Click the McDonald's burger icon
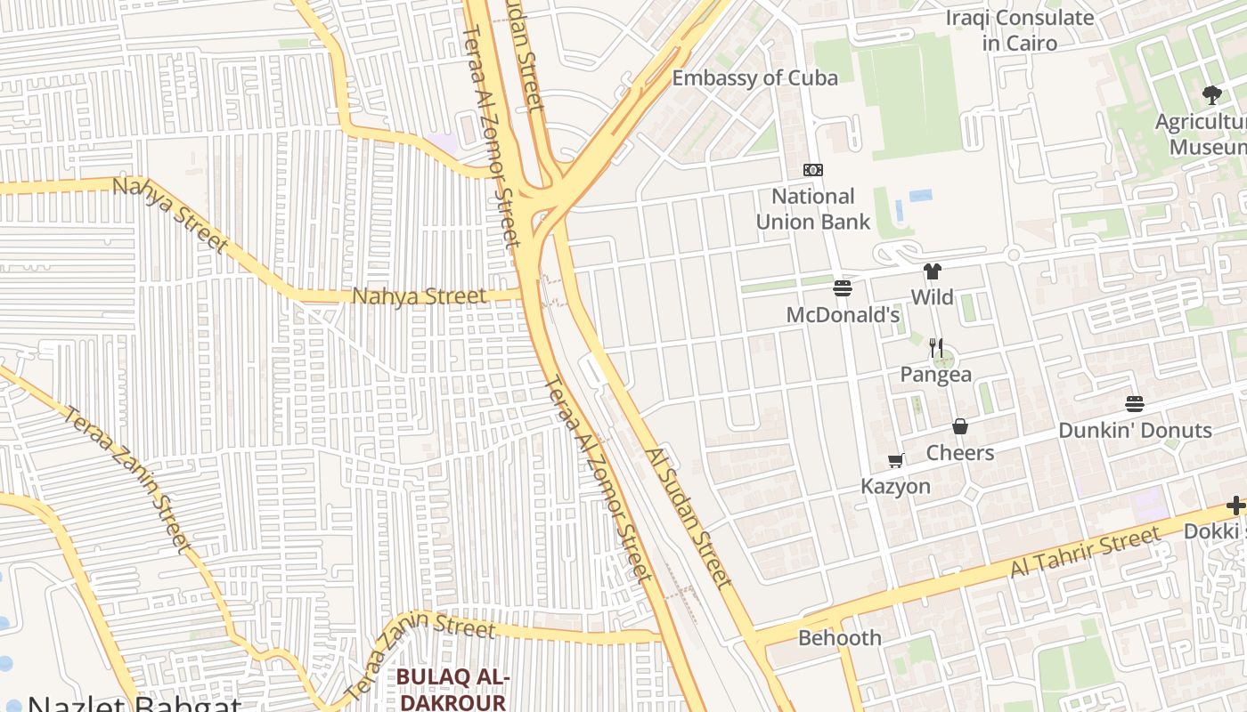(843, 288)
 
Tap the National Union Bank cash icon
(813, 170)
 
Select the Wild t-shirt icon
(932, 271)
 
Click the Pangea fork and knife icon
(935, 348)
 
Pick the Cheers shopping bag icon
(960, 426)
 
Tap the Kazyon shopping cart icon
(896, 460)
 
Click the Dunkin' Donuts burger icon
(1134, 404)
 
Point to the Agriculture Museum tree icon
(1211, 95)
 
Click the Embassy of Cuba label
(754, 78)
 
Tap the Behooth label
(839, 638)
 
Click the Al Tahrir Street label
(1085, 552)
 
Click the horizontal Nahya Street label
(420, 296)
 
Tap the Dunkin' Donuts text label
(1134, 431)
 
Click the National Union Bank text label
(812, 208)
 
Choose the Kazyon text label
(895, 487)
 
